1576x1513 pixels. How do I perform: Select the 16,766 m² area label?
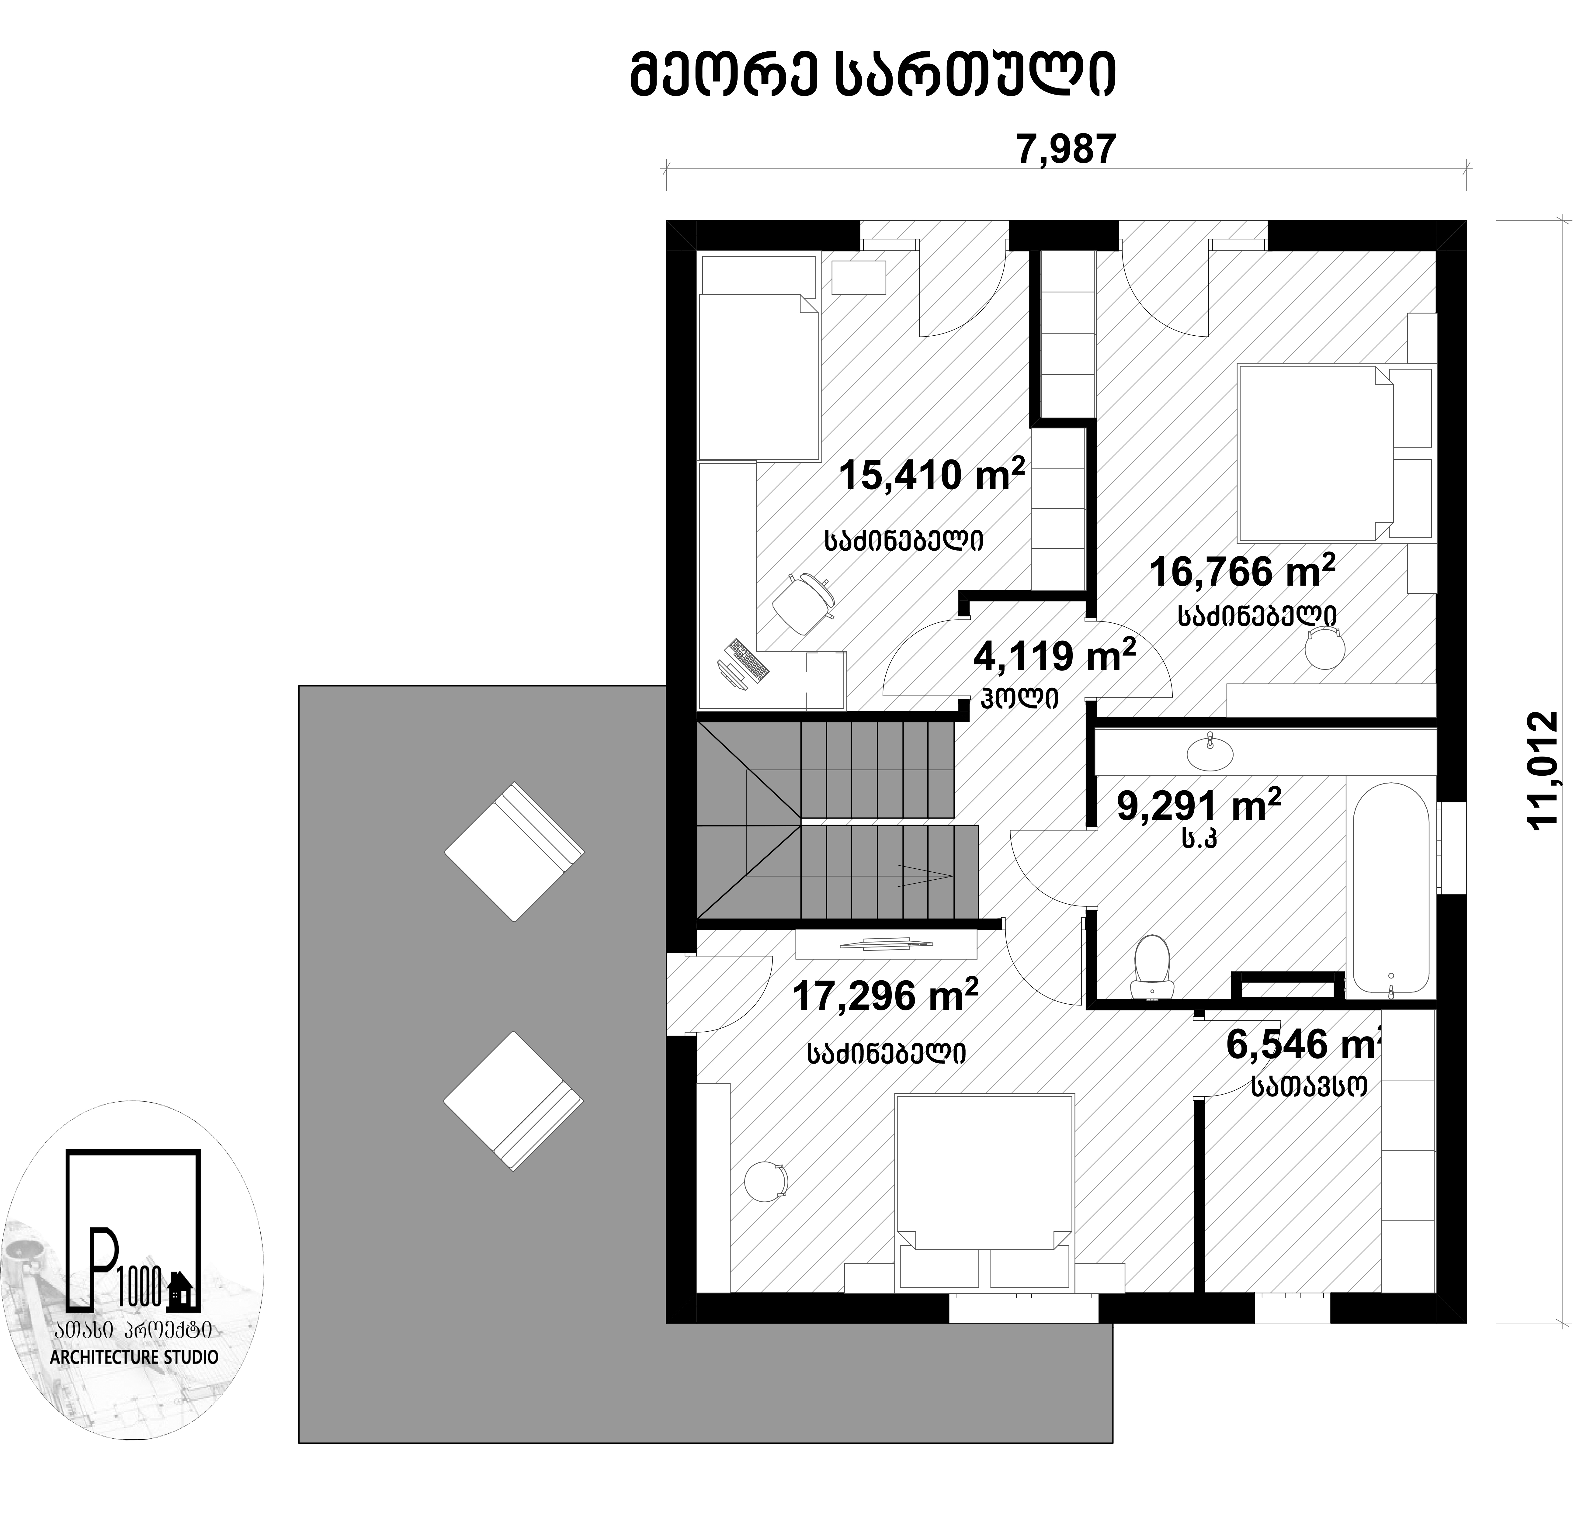click(1242, 572)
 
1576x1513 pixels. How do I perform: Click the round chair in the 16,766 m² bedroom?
click(1325, 648)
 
